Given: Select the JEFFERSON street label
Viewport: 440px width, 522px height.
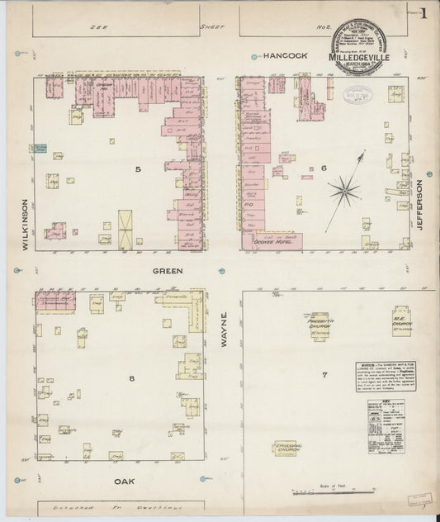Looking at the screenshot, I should click(x=419, y=205).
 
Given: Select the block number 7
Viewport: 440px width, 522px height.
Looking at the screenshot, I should click(x=324, y=375).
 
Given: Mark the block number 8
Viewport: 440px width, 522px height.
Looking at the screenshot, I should click(x=131, y=378).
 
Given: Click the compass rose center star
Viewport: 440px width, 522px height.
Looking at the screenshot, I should click(x=343, y=192).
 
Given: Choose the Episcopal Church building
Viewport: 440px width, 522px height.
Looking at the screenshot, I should click(x=286, y=448).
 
